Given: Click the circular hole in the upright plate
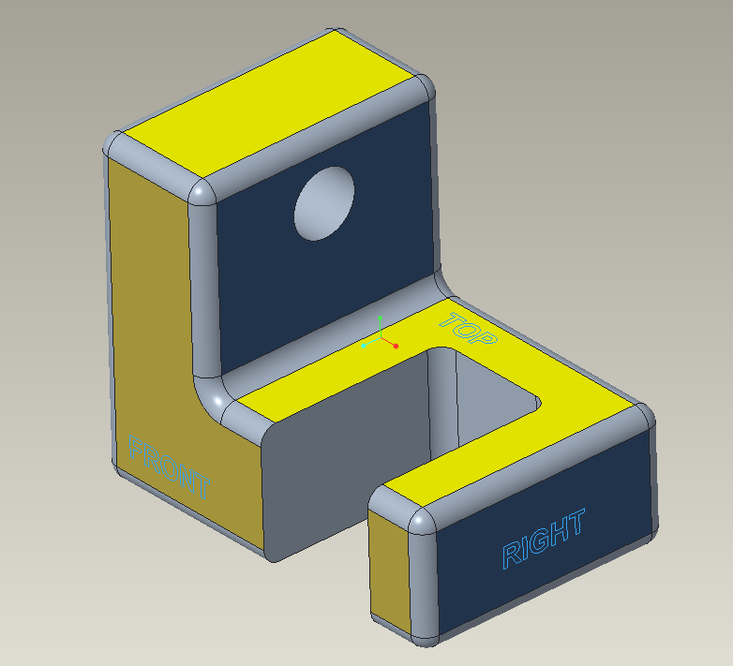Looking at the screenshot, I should (324, 204).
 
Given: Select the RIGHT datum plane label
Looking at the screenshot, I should (544, 540).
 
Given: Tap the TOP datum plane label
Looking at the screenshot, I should (468, 331).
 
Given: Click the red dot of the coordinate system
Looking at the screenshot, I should (396, 347).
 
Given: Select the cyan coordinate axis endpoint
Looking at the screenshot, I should (364, 346).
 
